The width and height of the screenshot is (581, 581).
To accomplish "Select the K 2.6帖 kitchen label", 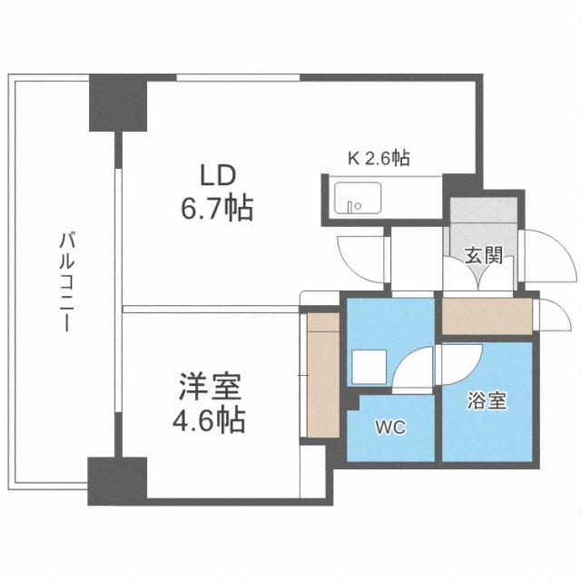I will coord(379,158).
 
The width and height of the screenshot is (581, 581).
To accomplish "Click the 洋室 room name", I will coord(208,388).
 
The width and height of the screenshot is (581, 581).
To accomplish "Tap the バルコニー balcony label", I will coord(65,282).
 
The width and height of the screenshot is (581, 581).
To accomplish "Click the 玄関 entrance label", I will coord(481,255).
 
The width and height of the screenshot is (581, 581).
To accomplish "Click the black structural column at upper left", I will coord(116,104).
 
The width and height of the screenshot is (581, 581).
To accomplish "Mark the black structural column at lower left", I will coord(116,478).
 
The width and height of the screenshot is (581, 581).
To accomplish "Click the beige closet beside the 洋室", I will coord(321,373).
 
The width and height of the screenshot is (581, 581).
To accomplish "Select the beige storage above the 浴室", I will coord(485,317).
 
